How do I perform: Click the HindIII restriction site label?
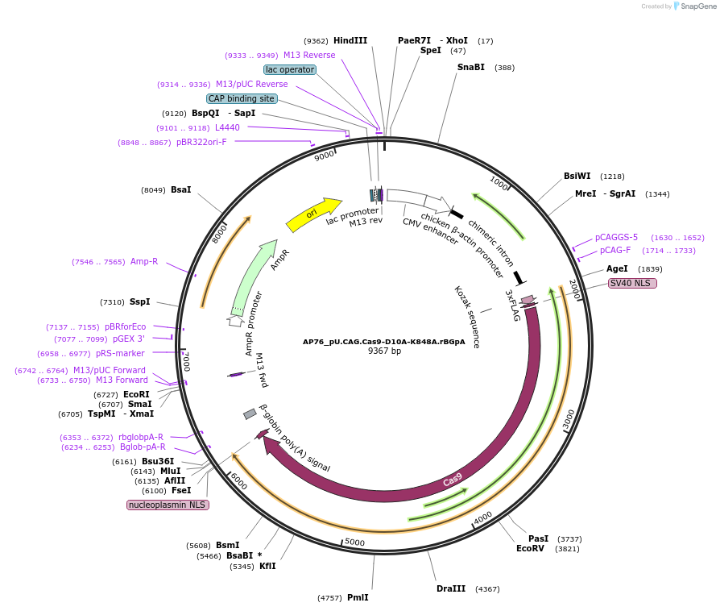350,40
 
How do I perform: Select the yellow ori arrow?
312,214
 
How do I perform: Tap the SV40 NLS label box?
632,284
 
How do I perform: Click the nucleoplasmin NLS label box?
168,505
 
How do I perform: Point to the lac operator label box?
290,69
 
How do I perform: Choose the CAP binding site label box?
242,98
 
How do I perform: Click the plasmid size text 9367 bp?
384,351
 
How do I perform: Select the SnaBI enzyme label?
470,67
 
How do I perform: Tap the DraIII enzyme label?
450,588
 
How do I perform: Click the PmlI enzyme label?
358,597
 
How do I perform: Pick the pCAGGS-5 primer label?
616,237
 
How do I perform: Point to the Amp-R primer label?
144,261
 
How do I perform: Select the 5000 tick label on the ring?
354,542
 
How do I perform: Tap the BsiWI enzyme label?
577,176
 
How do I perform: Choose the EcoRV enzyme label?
530,548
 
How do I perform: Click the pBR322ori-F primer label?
201,142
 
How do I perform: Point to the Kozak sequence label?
466,316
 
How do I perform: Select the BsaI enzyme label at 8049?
180,189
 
